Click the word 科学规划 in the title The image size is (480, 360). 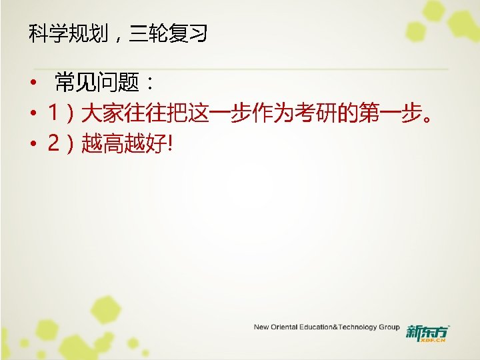69,33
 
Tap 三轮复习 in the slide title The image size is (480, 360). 169,33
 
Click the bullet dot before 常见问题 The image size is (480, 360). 31,85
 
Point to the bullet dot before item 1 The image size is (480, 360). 31,115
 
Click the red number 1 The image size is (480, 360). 53,114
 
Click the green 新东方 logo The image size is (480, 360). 428,332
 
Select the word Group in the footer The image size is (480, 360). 389,327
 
